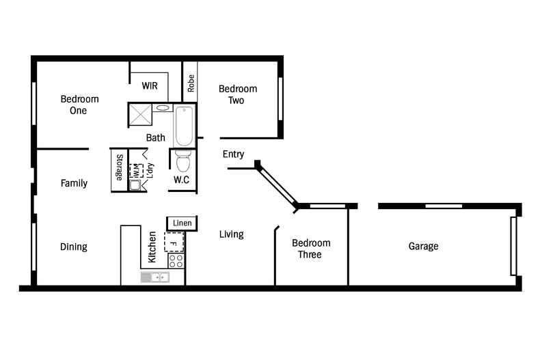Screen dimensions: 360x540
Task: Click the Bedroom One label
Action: (x=79, y=105)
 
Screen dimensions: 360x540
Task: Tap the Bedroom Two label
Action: (x=237, y=94)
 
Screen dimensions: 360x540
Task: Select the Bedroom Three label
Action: (x=311, y=249)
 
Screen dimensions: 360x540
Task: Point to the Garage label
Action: (x=423, y=246)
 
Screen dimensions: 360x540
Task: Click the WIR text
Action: (x=150, y=86)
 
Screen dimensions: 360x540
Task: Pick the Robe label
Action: (x=191, y=83)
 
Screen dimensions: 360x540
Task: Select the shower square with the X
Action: (x=140, y=115)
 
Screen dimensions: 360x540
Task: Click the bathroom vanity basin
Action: (x=163, y=107)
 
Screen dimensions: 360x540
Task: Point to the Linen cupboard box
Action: (x=182, y=223)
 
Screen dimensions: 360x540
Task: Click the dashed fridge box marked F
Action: (x=174, y=243)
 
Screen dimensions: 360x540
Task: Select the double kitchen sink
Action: (x=155, y=277)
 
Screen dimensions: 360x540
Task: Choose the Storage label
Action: (x=119, y=167)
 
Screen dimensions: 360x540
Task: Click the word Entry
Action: (x=233, y=154)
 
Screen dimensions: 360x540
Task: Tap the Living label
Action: (x=231, y=234)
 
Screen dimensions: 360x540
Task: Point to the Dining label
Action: (x=73, y=247)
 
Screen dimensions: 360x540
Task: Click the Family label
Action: (x=74, y=183)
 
